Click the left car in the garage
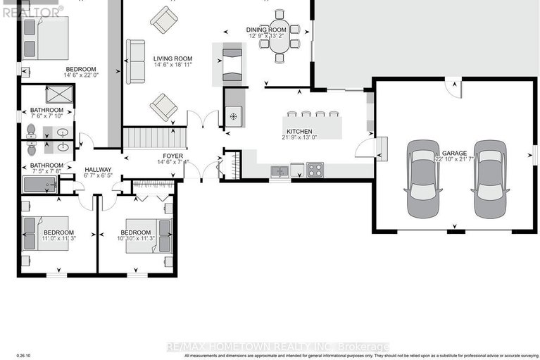point(422,180)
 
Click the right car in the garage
point(490,180)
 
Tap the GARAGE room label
point(456,153)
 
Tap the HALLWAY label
point(99,170)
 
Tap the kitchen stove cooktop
point(315,169)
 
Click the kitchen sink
point(280,170)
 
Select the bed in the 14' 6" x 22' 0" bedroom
point(46,39)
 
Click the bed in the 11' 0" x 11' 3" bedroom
point(46,233)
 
